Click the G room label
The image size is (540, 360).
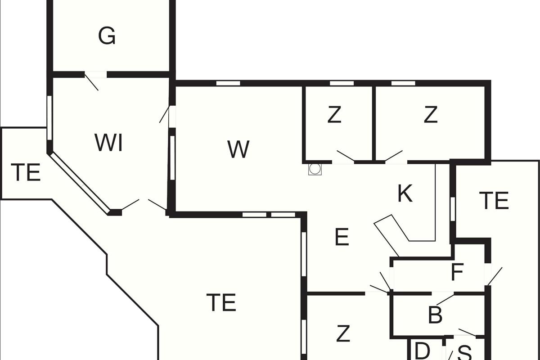(x=107, y=36)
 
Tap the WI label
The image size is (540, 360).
(x=109, y=143)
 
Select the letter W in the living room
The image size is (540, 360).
(x=238, y=149)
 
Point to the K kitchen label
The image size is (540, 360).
(x=405, y=194)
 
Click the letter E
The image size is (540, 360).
(x=342, y=237)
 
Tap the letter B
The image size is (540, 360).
(x=435, y=316)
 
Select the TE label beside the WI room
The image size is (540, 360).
(x=26, y=173)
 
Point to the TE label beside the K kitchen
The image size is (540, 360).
(x=494, y=201)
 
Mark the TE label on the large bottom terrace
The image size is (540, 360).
(x=221, y=302)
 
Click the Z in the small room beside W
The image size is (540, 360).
(x=334, y=115)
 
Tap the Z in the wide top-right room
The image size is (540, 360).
(x=431, y=115)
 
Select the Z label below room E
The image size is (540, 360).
(x=343, y=334)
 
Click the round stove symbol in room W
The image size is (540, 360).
(x=315, y=169)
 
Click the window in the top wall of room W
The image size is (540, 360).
(x=228, y=83)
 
